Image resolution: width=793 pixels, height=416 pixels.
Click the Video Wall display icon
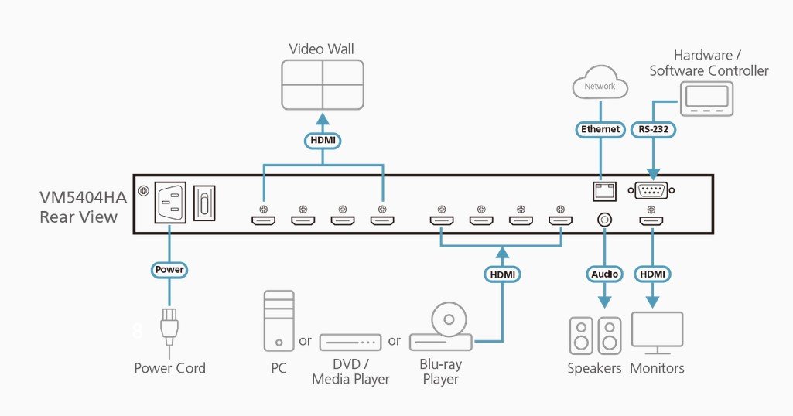(x=323, y=85)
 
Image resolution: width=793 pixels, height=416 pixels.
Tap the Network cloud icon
(x=600, y=83)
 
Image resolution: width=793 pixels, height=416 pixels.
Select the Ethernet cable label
(x=600, y=129)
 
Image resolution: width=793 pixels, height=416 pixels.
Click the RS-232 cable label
(x=654, y=129)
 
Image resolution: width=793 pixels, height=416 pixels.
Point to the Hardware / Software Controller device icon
(x=706, y=100)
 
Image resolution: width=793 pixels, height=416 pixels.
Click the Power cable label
(x=169, y=270)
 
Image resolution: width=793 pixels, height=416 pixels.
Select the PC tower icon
(x=279, y=321)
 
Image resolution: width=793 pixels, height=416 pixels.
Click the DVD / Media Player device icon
(x=350, y=343)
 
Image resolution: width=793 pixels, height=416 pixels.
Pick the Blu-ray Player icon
(x=441, y=327)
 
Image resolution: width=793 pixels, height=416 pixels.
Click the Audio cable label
(x=605, y=274)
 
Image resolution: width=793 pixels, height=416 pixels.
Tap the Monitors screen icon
(x=657, y=333)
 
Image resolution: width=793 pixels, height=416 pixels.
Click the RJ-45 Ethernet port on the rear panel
(x=604, y=190)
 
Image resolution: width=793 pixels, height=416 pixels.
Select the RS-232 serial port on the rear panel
(x=651, y=190)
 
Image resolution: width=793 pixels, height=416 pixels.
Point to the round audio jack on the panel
(x=604, y=220)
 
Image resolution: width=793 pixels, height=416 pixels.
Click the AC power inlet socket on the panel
(x=169, y=202)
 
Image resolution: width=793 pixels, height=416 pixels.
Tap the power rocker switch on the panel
(x=204, y=203)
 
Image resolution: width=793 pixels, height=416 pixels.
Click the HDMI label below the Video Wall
(x=323, y=141)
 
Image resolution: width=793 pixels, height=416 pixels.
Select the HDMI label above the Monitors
(x=652, y=274)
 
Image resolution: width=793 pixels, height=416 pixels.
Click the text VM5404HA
(x=83, y=197)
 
